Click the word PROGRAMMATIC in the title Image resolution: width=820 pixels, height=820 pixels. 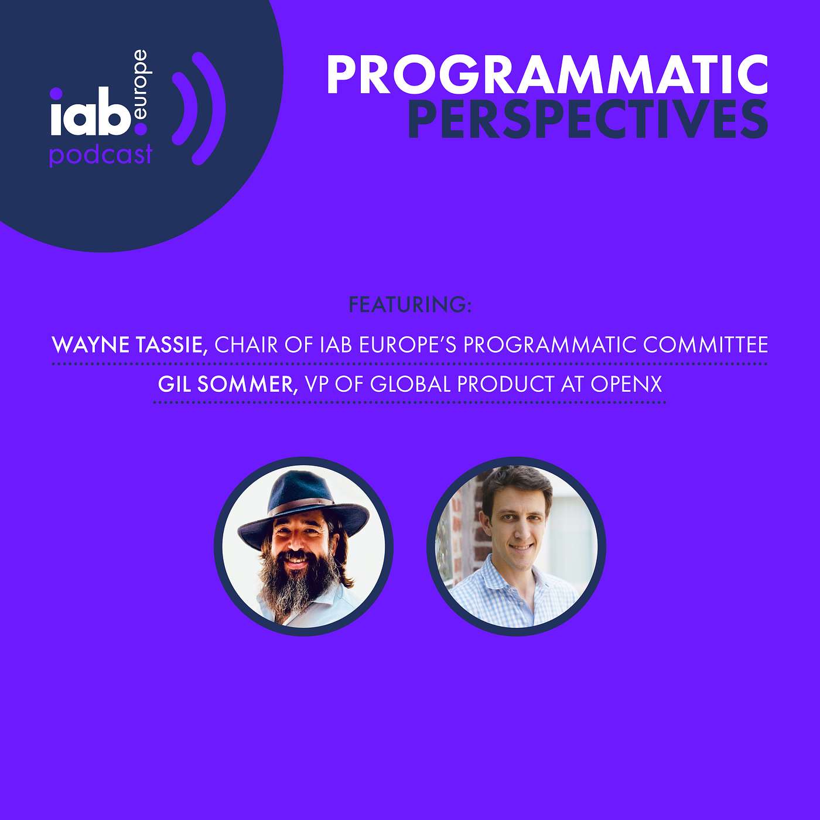click(547, 75)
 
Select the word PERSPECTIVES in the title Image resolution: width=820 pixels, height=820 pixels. click(587, 119)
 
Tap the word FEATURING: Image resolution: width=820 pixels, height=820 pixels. click(410, 305)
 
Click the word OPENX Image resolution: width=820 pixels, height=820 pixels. click(626, 384)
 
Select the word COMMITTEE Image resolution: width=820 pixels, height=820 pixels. click(705, 344)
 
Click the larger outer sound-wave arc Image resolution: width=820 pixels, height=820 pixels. click(210, 108)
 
